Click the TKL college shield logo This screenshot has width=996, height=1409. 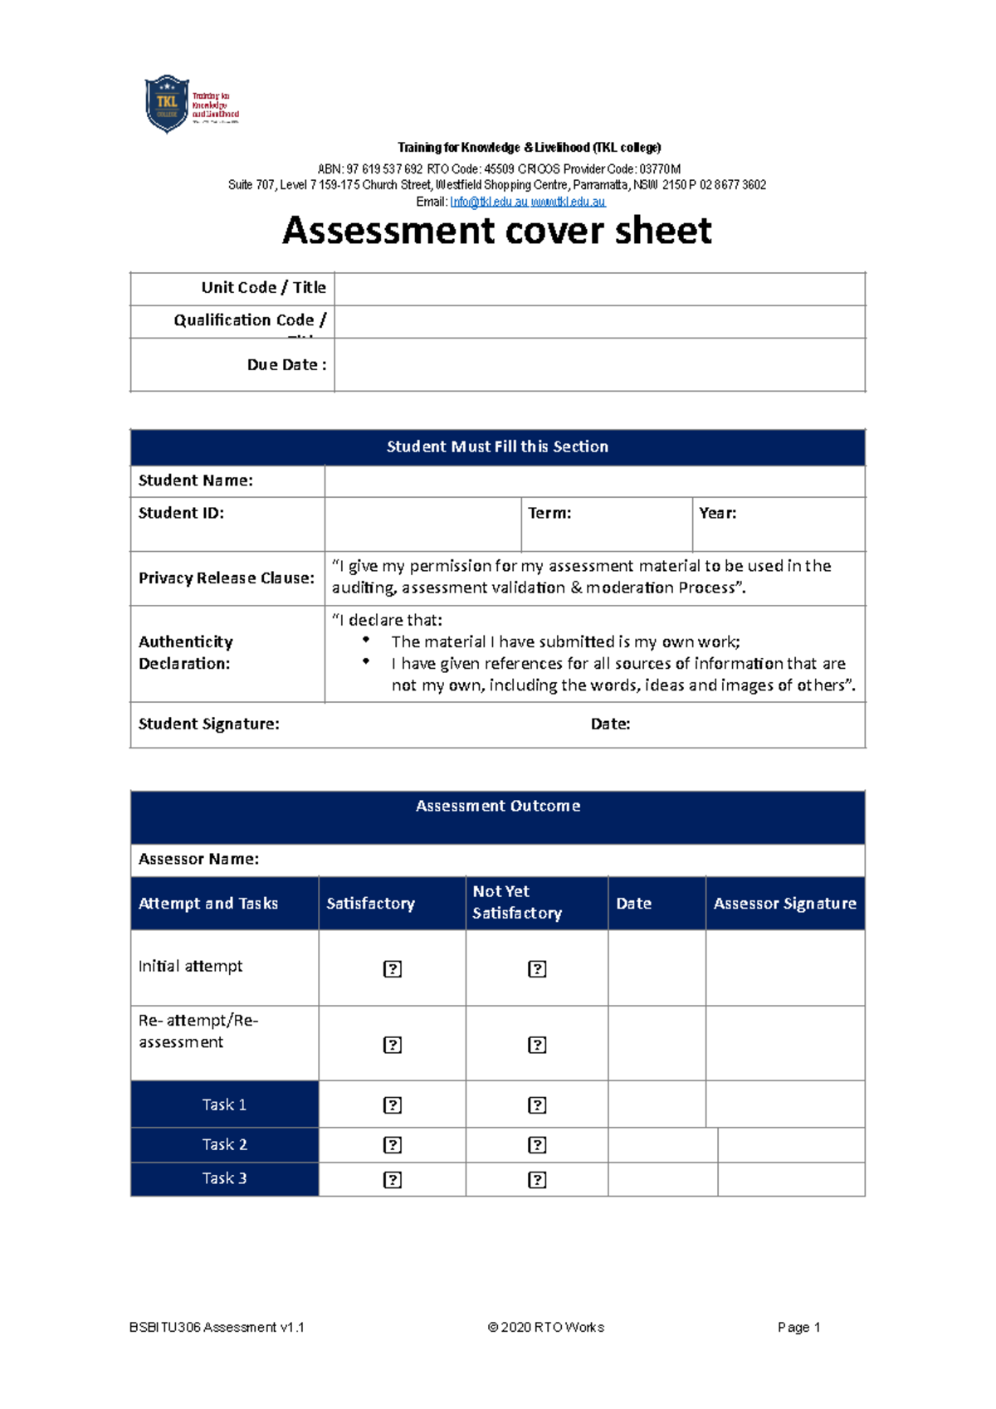coord(167,104)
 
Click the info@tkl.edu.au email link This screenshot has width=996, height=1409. coord(488,202)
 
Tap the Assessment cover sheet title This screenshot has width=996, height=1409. coord(496,231)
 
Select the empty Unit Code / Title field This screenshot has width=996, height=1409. coord(599,289)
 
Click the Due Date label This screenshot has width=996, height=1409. coord(286,365)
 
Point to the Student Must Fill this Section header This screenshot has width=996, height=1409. coord(497,447)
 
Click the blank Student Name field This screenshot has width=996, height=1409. coord(594,481)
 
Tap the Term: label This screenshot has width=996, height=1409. coord(549,514)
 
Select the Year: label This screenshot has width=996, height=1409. coord(717,514)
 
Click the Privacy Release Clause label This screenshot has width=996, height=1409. coord(227,578)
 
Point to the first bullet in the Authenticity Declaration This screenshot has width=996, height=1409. coord(366,640)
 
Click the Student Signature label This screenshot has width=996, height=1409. coord(208,724)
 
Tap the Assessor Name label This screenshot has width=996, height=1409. coord(198,860)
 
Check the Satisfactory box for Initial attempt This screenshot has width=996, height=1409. coord(393,969)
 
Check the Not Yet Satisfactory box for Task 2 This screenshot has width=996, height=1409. coord(537,1145)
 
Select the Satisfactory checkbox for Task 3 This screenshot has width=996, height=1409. coord(393,1180)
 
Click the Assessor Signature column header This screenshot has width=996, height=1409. coord(784,904)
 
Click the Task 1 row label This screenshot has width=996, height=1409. coord(224,1105)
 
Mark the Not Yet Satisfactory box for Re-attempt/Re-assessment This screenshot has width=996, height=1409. coord(537,1046)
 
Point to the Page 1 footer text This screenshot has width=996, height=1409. coord(798,1328)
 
